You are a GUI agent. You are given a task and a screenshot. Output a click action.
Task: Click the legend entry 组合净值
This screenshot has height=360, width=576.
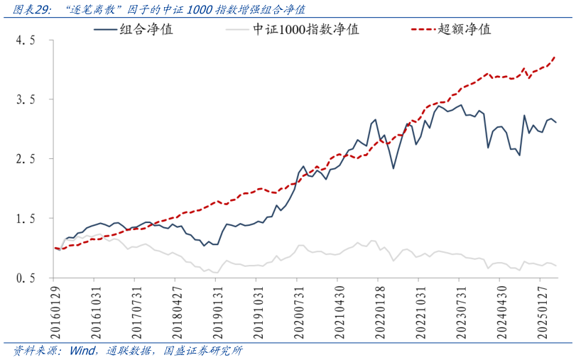click(146, 29)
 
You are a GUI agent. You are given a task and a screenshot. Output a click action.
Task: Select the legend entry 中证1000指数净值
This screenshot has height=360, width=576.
click(305, 29)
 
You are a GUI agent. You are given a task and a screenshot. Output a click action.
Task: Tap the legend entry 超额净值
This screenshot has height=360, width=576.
click(464, 29)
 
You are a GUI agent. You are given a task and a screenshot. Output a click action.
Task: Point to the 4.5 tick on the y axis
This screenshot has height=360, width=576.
click(26, 41)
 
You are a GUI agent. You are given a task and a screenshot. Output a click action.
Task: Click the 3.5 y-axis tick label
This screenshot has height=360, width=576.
click(26, 101)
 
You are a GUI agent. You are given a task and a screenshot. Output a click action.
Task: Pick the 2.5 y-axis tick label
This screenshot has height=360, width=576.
click(26, 160)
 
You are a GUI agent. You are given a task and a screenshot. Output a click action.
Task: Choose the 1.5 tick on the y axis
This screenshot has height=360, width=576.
click(26, 219)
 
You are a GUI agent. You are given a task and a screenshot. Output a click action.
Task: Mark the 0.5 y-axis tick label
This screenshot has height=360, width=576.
click(26, 278)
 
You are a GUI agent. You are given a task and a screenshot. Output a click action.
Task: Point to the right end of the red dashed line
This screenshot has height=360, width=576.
click(555, 57)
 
